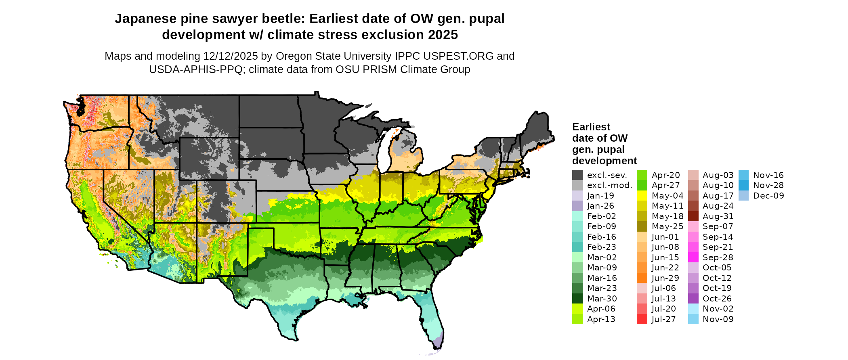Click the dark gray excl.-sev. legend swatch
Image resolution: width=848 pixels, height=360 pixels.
[x=577, y=175]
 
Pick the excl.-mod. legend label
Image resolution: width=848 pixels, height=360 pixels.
[x=609, y=185]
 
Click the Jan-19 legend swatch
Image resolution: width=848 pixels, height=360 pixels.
[x=577, y=196]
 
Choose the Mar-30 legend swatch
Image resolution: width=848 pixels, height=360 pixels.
[x=577, y=299]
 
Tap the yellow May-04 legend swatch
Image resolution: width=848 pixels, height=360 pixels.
[x=642, y=196]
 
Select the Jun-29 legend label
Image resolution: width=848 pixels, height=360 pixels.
[x=665, y=278]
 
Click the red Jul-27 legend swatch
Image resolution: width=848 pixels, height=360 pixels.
[x=642, y=319]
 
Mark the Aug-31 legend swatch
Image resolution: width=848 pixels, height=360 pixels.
[x=693, y=216]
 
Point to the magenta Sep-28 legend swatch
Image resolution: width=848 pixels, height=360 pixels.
[x=693, y=257]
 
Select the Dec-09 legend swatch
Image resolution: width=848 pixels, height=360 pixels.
[x=744, y=196]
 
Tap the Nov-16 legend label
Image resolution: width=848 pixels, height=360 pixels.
[x=768, y=175]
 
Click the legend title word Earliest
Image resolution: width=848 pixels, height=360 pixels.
[x=591, y=127]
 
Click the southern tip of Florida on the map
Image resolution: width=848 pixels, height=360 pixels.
[x=439, y=346]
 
